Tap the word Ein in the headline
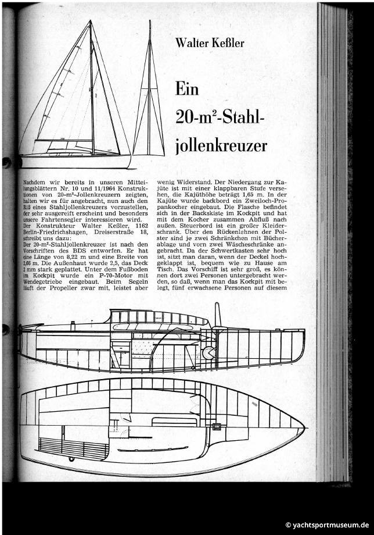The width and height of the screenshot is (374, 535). [x=187, y=90]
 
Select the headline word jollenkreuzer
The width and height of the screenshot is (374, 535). [x=221, y=144]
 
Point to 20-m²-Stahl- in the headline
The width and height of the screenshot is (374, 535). [x=220, y=116]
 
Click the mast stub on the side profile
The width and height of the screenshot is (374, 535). [x=217, y=315]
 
